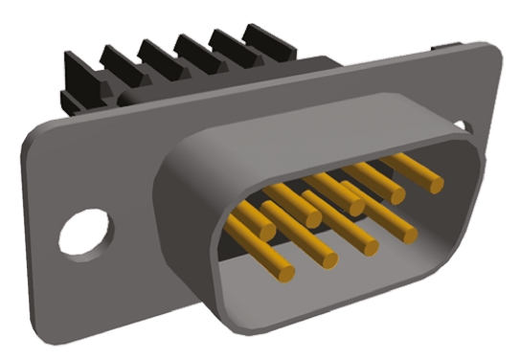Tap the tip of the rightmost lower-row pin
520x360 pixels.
tap(406, 232)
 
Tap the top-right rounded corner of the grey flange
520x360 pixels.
tap(492, 53)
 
